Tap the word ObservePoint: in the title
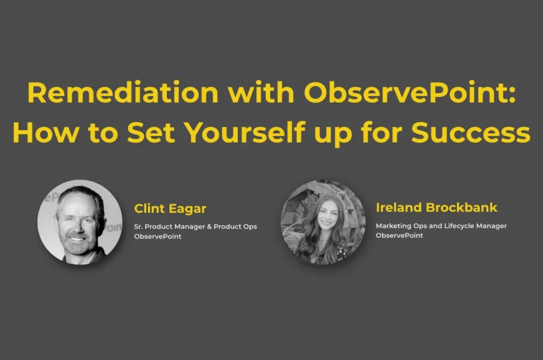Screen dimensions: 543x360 point(410,92)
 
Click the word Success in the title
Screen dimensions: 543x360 point(471,132)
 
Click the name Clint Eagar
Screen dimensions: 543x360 point(170,209)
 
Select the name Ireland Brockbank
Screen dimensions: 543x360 point(437,207)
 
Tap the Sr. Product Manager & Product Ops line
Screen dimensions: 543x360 point(196,227)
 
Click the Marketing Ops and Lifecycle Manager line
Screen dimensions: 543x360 point(441,226)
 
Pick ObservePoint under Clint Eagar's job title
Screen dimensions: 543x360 point(158,236)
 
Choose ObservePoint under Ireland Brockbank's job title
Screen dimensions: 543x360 point(399,235)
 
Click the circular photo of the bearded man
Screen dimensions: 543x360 point(80,222)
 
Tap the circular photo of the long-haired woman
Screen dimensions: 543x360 point(323,222)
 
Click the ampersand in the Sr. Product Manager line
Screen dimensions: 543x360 point(209,227)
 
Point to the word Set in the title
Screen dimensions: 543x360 point(151,132)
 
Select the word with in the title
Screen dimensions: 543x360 point(261,92)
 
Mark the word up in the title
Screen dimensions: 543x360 point(333,134)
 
